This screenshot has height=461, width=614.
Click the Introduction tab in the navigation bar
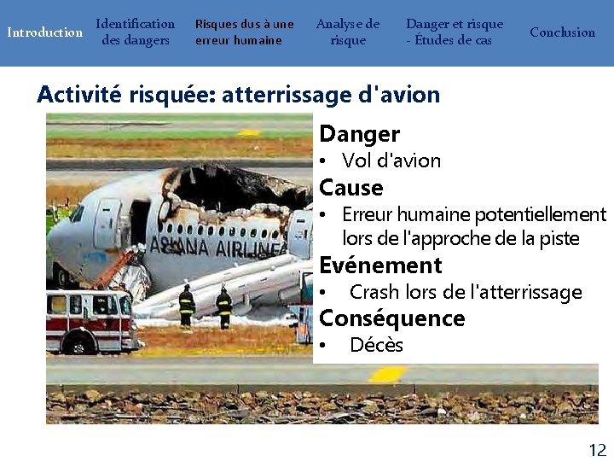click(44, 32)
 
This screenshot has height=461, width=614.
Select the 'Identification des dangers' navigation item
click(135, 32)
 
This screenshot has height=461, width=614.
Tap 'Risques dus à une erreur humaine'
click(244, 32)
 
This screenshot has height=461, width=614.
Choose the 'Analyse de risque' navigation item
click(348, 32)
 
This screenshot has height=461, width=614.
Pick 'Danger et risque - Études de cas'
click(454, 32)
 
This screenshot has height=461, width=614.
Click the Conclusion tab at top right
click(562, 32)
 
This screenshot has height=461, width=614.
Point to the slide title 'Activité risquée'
click(238, 95)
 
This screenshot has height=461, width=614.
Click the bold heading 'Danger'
click(359, 134)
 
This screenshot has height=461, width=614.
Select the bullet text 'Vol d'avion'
click(391, 160)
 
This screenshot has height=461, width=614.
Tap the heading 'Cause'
click(350, 188)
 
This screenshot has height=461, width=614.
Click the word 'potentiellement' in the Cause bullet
click(540, 214)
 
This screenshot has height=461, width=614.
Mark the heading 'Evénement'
click(380, 266)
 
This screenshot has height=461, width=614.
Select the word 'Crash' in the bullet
click(374, 292)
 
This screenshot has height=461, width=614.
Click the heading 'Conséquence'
click(391, 318)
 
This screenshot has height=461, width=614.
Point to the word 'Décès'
click(376, 345)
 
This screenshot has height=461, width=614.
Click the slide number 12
click(597, 449)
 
